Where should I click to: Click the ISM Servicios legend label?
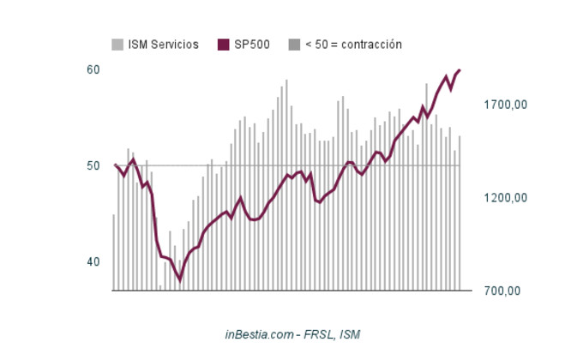pyautogui.click(x=163, y=45)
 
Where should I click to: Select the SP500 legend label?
pyautogui.click(x=252, y=45)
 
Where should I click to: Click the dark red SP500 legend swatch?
pyautogui.click(x=224, y=45)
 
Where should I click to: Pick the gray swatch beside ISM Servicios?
pyautogui.click(x=117, y=45)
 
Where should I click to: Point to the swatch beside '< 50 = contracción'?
pyautogui.click(x=294, y=45)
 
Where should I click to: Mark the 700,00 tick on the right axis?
pyautogui.click(x=502, y=291)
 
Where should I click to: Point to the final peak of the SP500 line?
pyautogui.click(x=460, y=70)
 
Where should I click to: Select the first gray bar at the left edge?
pyautogui.click(x=114, y=252)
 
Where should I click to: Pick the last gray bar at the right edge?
pyautogui.click(x=460, y=213)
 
